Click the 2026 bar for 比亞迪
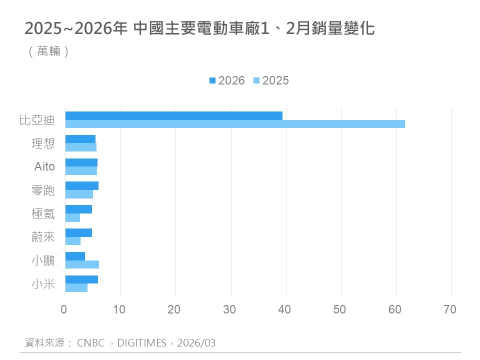pos(174,115)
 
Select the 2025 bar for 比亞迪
pos(235,124)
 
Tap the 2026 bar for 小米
pos(81,279)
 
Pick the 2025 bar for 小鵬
pos(82,264)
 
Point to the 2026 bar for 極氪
pos(78,209)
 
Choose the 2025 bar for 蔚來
pos(73,241)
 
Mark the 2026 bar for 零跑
pos(82,185)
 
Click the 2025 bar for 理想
pos(81,147)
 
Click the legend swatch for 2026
pos(212,80)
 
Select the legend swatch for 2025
pos(256,80)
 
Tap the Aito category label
pos(44,166)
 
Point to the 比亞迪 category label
pos(36,120)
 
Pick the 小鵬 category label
pos(43,260)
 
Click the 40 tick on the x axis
pos(285,309)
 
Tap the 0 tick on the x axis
pos(64,309)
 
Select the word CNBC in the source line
pos(91,343)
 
